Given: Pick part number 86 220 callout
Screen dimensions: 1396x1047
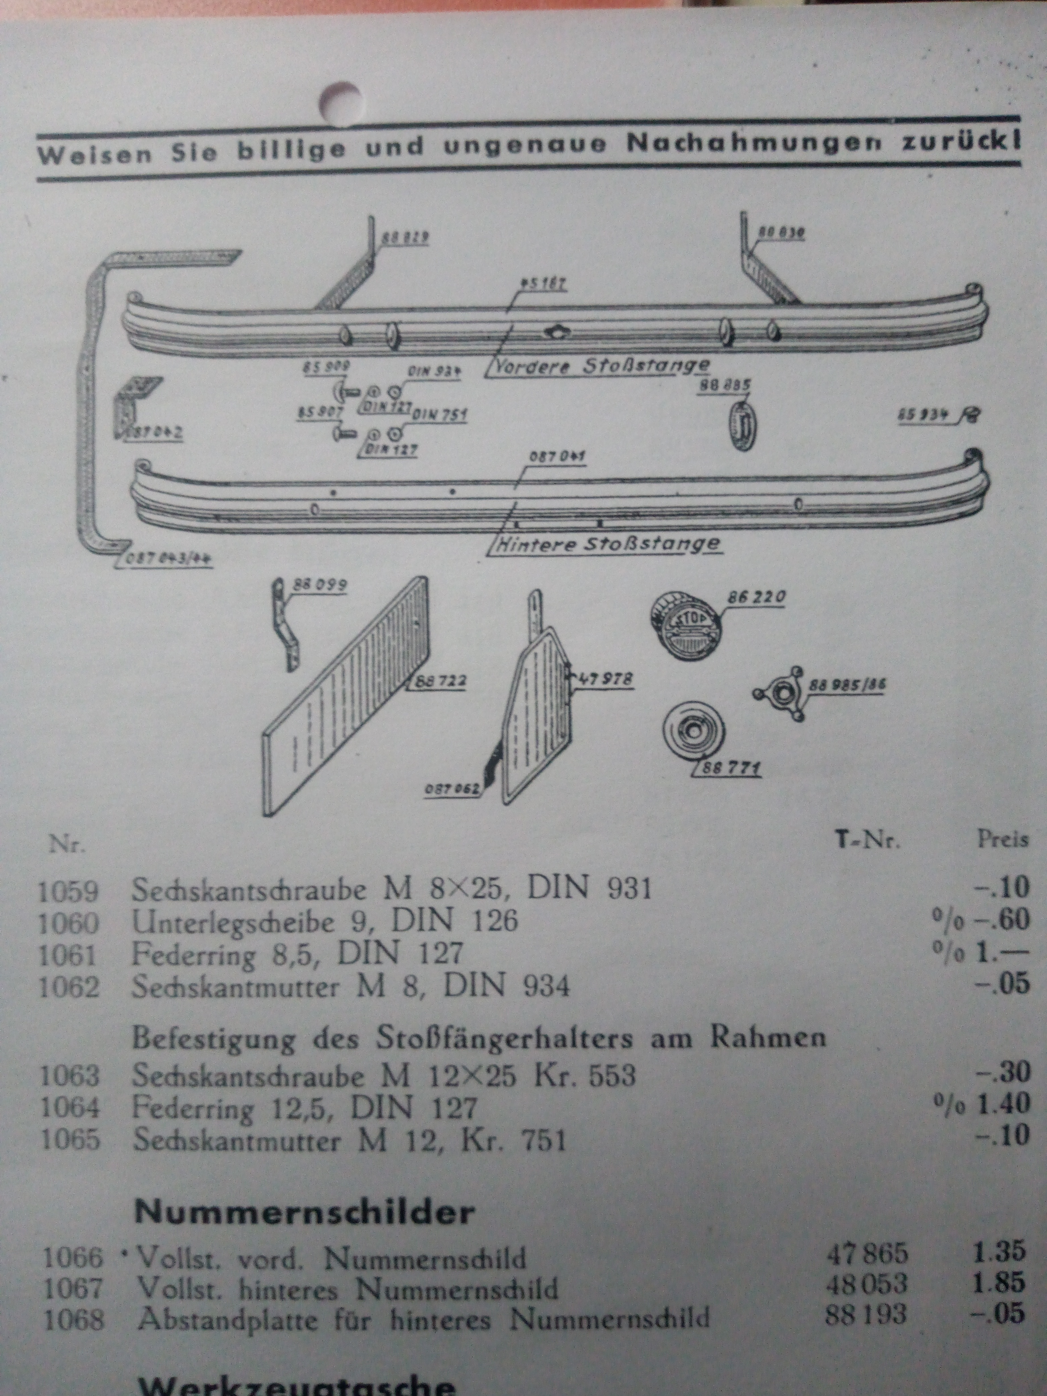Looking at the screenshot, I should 757,596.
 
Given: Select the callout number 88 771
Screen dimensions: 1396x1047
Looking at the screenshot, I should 731,769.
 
